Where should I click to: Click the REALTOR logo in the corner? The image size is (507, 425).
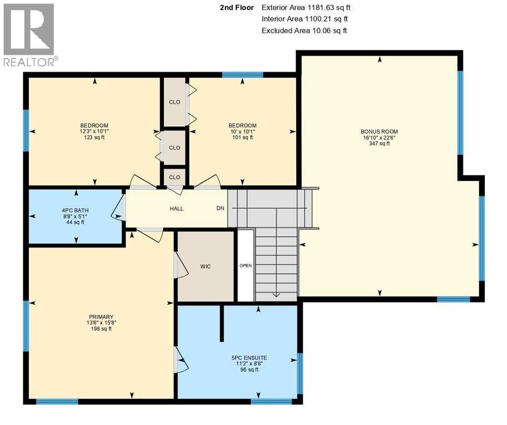[x=29, y=35]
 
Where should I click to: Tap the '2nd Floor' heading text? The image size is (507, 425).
[x=237, y=8]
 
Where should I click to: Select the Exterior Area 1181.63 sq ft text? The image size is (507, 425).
[x=306, y=8]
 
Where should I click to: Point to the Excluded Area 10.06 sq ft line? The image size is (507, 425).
[x=304, y=30]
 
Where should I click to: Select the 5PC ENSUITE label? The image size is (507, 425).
[x=249, y=358]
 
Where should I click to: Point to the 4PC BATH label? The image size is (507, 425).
[x=75, y=210]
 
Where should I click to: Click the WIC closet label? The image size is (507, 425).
[x=205, y=266]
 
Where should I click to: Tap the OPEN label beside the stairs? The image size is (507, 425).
[x=245, y=266]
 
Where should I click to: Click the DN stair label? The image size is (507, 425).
[x=220, y=209]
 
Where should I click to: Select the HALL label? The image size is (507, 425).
[x=176, y=209]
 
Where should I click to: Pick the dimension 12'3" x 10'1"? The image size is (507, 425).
[x=94, y=131]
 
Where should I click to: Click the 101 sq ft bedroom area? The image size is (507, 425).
[x=242, y=137]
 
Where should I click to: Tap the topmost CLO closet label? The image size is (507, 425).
[x=174, y=102]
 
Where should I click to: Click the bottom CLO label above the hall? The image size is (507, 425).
[x=174, y=177]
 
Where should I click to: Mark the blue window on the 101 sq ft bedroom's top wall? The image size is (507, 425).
[x=242, y=74]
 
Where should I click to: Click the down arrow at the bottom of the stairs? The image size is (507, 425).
[x=276, y=295]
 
